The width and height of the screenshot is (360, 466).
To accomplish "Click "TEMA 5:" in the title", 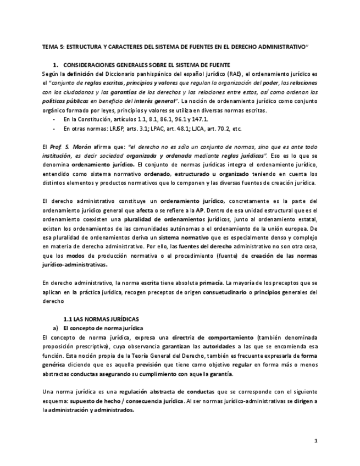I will click(x=53, y=48).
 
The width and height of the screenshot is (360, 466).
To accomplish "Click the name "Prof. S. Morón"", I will click(x=68, y=147).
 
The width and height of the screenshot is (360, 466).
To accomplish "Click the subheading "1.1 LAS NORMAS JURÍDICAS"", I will click(x=101, y=319).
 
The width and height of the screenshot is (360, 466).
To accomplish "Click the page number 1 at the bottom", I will click(x=316, y=441).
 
